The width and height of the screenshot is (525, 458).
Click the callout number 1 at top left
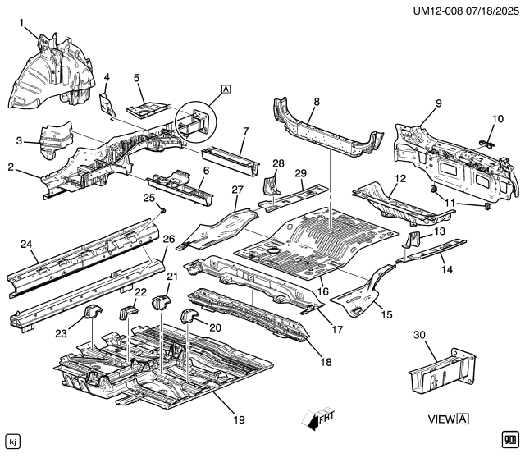click(21, 23)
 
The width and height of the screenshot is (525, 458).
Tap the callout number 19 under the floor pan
click(239, 419)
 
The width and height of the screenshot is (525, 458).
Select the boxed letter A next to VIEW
click(463, 419)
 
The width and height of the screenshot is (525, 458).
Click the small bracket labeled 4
click(106, 105)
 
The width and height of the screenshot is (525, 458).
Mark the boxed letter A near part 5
click(226, 89)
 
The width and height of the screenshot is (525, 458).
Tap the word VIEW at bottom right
click(441, 419)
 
